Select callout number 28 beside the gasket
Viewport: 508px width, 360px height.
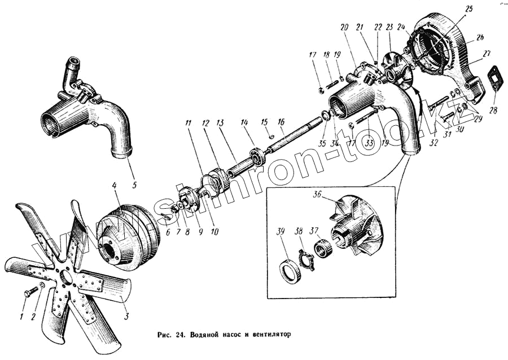[x=494, y=111]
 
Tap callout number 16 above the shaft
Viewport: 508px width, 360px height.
[x=281, y=121]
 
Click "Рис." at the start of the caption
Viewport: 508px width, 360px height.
[x=164, y=335]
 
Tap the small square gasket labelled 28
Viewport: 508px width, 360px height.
[x=495, y=79]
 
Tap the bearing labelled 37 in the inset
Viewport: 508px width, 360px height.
[x=323, y=248]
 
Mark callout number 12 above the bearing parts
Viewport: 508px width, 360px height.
[x=205, y=122]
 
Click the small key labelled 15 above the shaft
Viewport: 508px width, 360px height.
[x=271, y=136]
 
